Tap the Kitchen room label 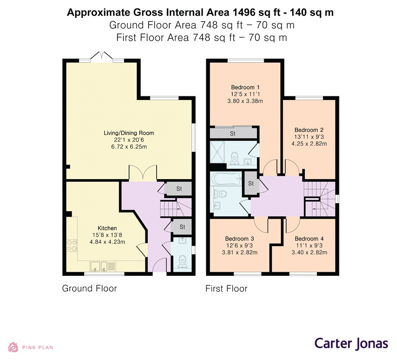107,228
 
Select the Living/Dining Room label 129,133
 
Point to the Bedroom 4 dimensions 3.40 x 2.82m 309,252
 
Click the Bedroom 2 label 309,130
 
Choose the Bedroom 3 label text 239,239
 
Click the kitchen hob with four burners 72,246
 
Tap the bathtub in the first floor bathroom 226,179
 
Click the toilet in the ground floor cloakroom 182,262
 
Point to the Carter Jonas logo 351,344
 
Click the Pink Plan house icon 13,347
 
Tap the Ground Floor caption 90,288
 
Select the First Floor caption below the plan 226,288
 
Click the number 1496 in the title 243,13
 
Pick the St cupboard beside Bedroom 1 233,133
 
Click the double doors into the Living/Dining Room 143,173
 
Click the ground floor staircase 176,208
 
